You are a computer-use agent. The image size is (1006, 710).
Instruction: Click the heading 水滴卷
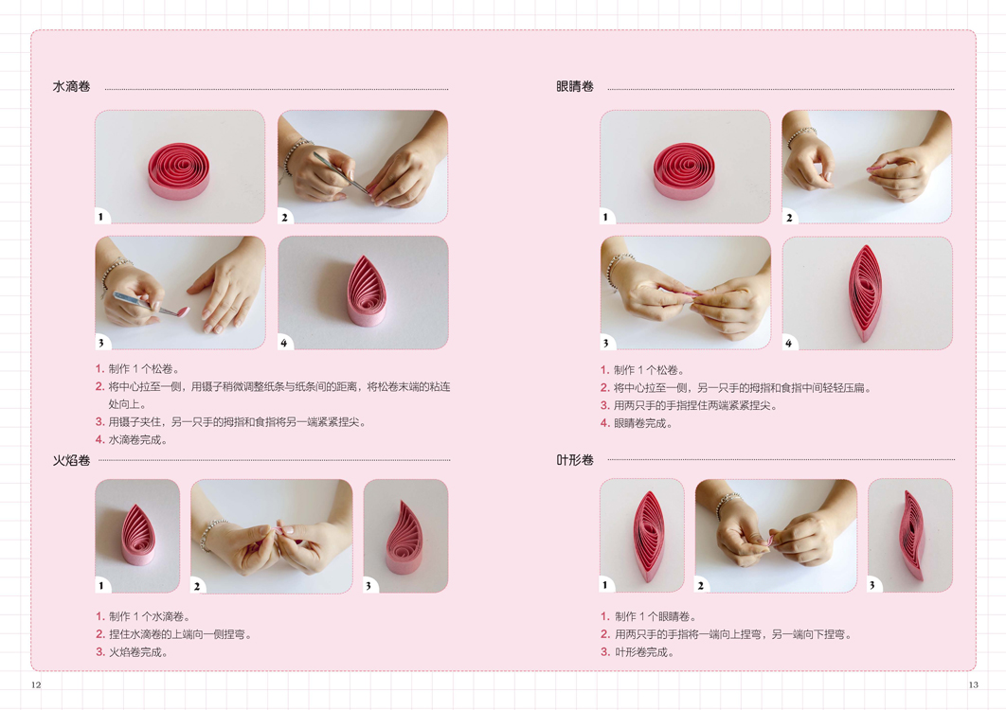[x=71, y=86]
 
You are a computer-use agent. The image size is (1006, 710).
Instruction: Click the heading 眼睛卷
[x=575, y=86]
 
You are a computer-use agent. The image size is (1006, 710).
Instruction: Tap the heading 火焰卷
[x=71, y=460]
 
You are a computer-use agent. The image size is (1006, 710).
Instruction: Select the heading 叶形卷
[x=575, y=460]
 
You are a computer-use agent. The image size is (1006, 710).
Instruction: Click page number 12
[x=36, y=684]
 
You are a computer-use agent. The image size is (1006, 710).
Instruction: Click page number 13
[x=973, y=684]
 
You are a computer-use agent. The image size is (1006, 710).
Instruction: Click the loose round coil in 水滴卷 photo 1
[x=179, y=170]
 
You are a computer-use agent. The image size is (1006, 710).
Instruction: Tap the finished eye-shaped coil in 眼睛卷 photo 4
[x=865, y=293]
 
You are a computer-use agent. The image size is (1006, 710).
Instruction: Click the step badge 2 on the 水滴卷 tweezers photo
[x=285, y=218]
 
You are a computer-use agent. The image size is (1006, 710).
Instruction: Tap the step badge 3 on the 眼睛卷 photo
[x=605, y=343]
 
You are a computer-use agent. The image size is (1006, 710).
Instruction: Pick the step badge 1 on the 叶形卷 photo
[x=605, y=585]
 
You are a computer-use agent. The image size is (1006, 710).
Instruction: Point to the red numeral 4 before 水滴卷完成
[x=99, y=440]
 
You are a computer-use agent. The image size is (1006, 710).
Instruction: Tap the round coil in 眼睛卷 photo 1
[x=685, y=170]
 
